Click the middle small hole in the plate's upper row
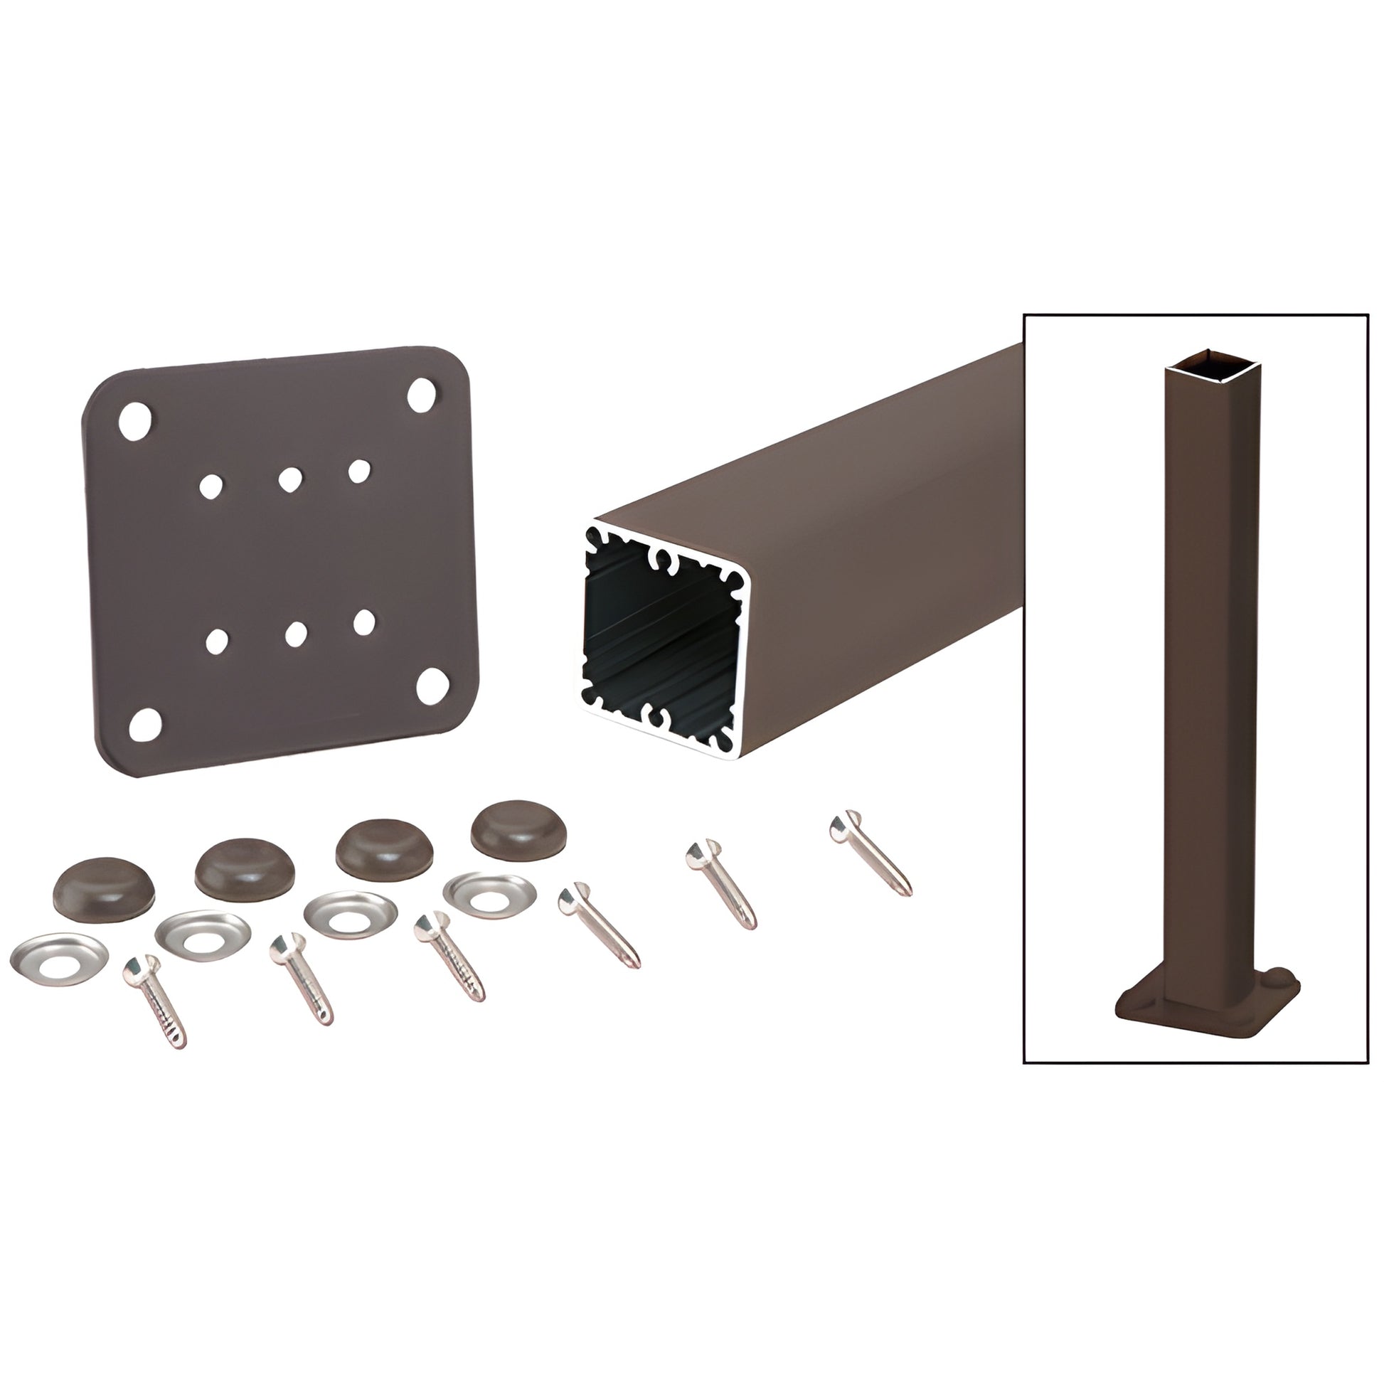point(289,479)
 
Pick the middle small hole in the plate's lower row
point(294,632)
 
